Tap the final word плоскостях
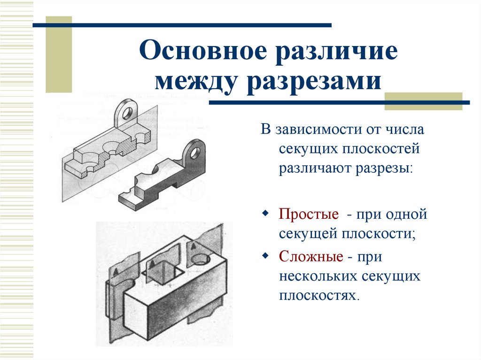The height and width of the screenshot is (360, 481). coord(319,296)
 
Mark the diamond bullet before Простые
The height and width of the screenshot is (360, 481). coord(265,214)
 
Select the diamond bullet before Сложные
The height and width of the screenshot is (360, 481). coord(265,256)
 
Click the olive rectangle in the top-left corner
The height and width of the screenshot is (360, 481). coord(59,54)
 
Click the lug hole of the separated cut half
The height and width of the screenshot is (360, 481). coord(195,152)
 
